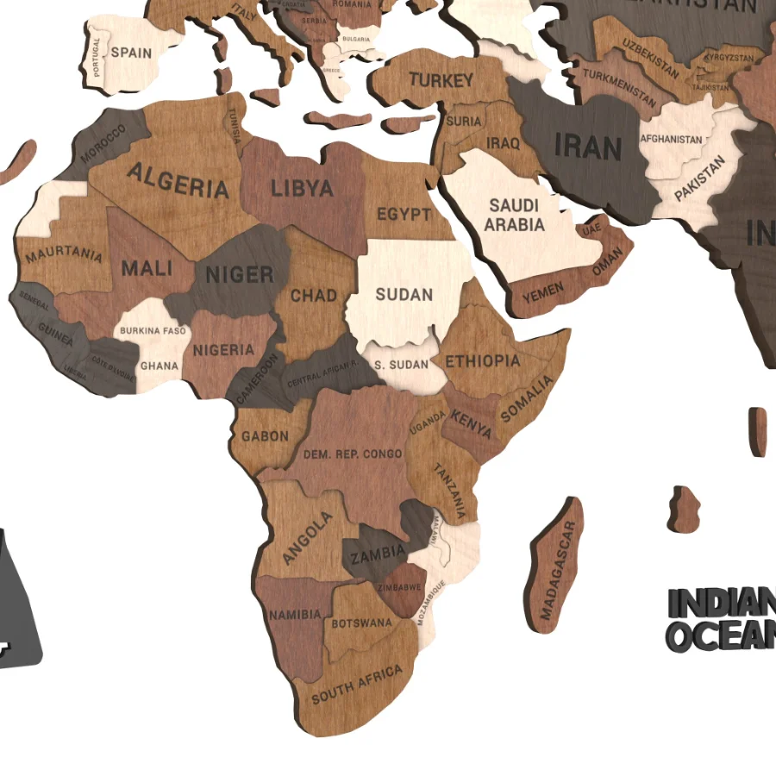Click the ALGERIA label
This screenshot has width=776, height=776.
click(x=178, y=181)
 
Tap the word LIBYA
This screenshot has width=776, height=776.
click(x=302, y=189)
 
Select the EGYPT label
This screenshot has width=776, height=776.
click(x=404, y=214)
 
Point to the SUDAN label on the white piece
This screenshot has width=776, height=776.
click(x=404, y=295)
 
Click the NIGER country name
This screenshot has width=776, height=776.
click(x=240, y=276)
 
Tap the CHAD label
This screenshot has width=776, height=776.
click(x=314, y=296)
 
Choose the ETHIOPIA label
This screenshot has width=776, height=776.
click(x=483, y=360)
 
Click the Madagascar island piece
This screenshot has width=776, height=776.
click(x=557, y=569)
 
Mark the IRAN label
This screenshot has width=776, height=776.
click(x=588, y=147)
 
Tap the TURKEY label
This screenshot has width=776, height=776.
click(x=441, y=81)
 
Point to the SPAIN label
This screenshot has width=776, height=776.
click(x=132, y=53)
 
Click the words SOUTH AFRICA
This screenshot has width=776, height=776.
click(x=357, y=684)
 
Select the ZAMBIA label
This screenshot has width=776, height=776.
click(x=377, y=552)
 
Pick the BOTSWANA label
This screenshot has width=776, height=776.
click(x=362, y=622)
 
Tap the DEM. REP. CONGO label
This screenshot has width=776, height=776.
click(x=353, y=454)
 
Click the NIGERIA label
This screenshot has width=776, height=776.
click(x=223, y=350)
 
